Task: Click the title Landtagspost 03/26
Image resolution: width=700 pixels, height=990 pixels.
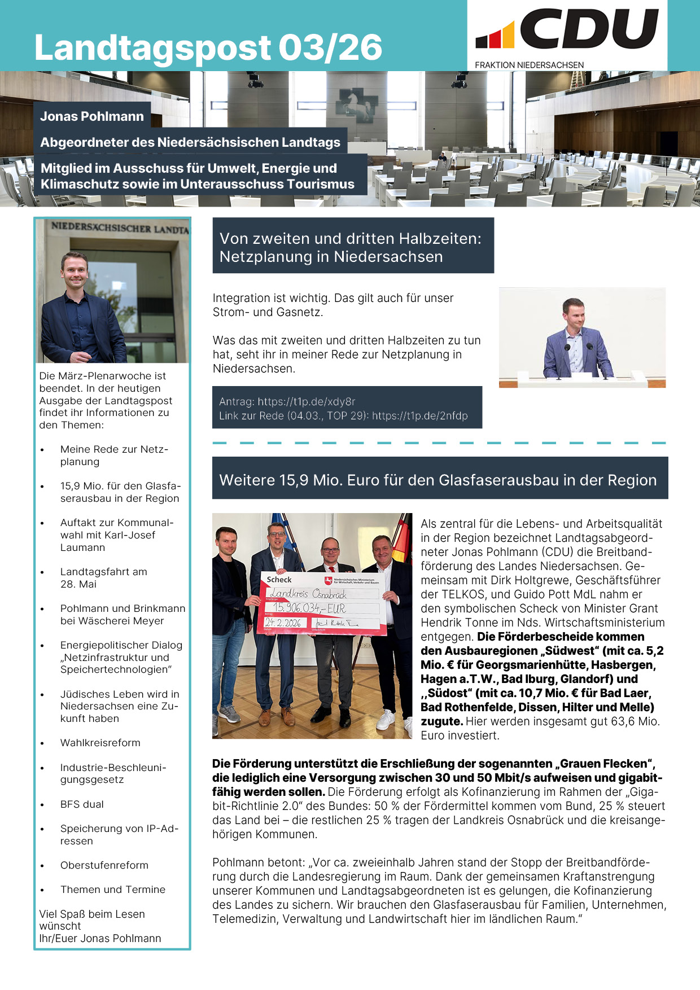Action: tap(208, 47)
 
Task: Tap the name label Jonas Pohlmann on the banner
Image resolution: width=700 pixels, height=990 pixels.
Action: tap(92, 116)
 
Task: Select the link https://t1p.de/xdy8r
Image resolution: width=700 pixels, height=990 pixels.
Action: tap(307, 402)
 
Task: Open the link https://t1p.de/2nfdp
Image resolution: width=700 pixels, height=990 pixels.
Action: tap(419, 416)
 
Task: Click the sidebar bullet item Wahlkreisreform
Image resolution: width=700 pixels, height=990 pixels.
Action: tap(100, 743)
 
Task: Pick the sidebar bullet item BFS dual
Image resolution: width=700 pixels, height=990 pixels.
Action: tap(82, 804)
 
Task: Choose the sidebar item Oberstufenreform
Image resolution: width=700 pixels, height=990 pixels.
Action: tap(104, 865)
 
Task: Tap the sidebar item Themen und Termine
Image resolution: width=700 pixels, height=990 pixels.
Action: tap(113, 890)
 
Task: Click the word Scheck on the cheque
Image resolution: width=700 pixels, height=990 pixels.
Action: tap(279, 580)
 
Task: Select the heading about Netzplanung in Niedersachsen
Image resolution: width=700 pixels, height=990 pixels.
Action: tap(351, 248)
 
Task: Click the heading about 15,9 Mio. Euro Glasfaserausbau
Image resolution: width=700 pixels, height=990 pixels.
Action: tap(438, 480)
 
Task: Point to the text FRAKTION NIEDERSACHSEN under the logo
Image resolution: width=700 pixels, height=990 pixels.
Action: tap(529, 65)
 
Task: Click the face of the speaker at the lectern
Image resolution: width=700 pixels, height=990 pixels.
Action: tap(573, 315)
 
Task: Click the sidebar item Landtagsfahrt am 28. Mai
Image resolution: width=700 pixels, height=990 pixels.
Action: tap(104, 577)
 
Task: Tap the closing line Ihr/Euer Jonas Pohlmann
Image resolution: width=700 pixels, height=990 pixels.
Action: tap(100, 938)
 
